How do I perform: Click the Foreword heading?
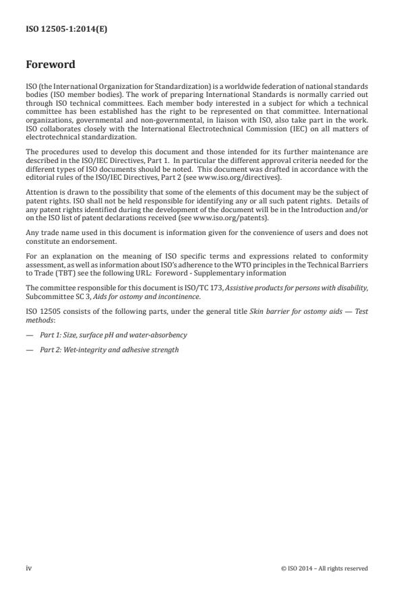(51, 65)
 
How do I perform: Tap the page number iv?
(29, 568)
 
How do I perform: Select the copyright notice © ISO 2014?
(324, 568)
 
